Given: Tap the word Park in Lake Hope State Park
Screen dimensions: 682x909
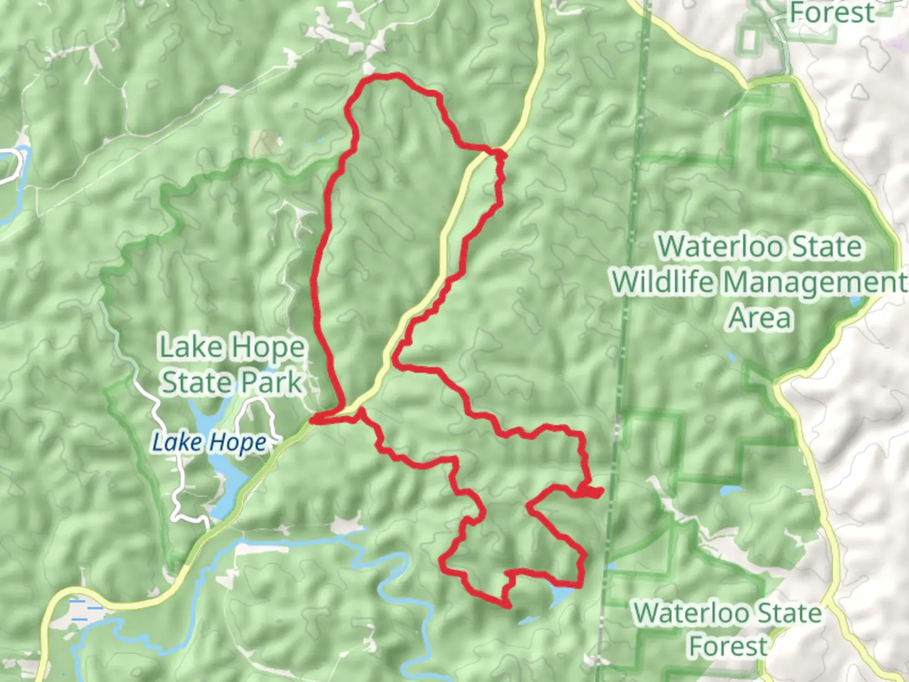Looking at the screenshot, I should pyautogui.click(x=270, y=383).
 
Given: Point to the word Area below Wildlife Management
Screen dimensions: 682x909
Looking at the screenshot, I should pyautogui.click(x=760, y=318).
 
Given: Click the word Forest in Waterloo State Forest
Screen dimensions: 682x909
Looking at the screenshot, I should pyautogui.click(x=728, y=646).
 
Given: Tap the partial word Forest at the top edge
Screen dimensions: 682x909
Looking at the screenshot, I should pyautogui.click(x=831, y=12).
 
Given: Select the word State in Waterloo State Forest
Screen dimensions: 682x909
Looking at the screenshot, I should pyautogui.click(x=789, y=613).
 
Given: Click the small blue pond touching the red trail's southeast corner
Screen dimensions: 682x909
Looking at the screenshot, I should pyautogui.click(x=561, y=595).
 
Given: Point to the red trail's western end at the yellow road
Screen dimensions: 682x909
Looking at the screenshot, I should pyautogui.click(x=314, y=419).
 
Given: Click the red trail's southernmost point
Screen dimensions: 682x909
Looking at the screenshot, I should pyautogui.click(x=508, y=606).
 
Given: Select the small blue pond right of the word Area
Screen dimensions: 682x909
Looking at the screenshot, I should pyautogui.click(x=857, y=301).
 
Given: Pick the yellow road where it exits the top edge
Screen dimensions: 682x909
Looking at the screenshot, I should pyautogui.click(x=539, y=5).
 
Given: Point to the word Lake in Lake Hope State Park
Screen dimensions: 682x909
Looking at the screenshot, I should pyautogui.click(x=189, y=347).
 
